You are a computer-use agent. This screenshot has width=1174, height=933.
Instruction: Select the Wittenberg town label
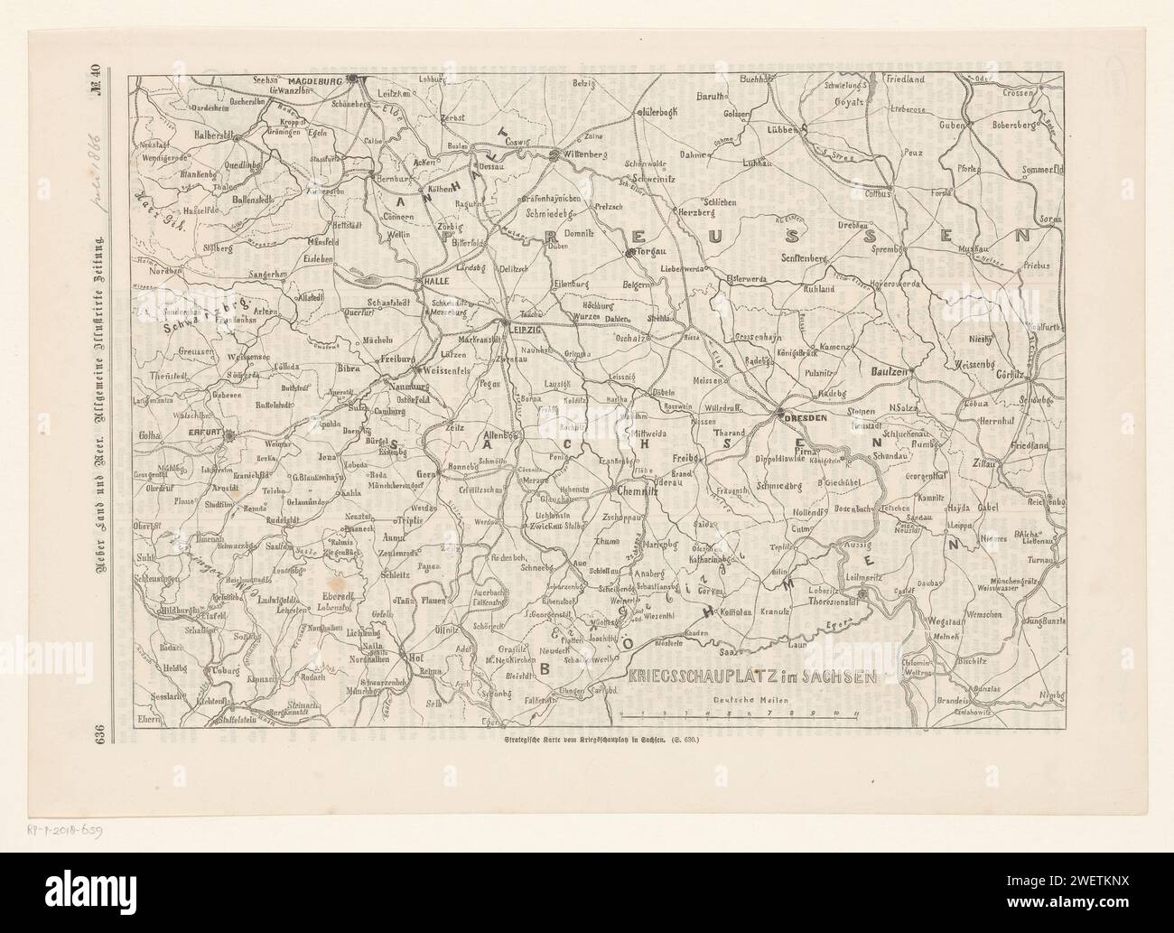[x=582, y=155]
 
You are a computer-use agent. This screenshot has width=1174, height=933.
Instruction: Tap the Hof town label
[x=415, y=657]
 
